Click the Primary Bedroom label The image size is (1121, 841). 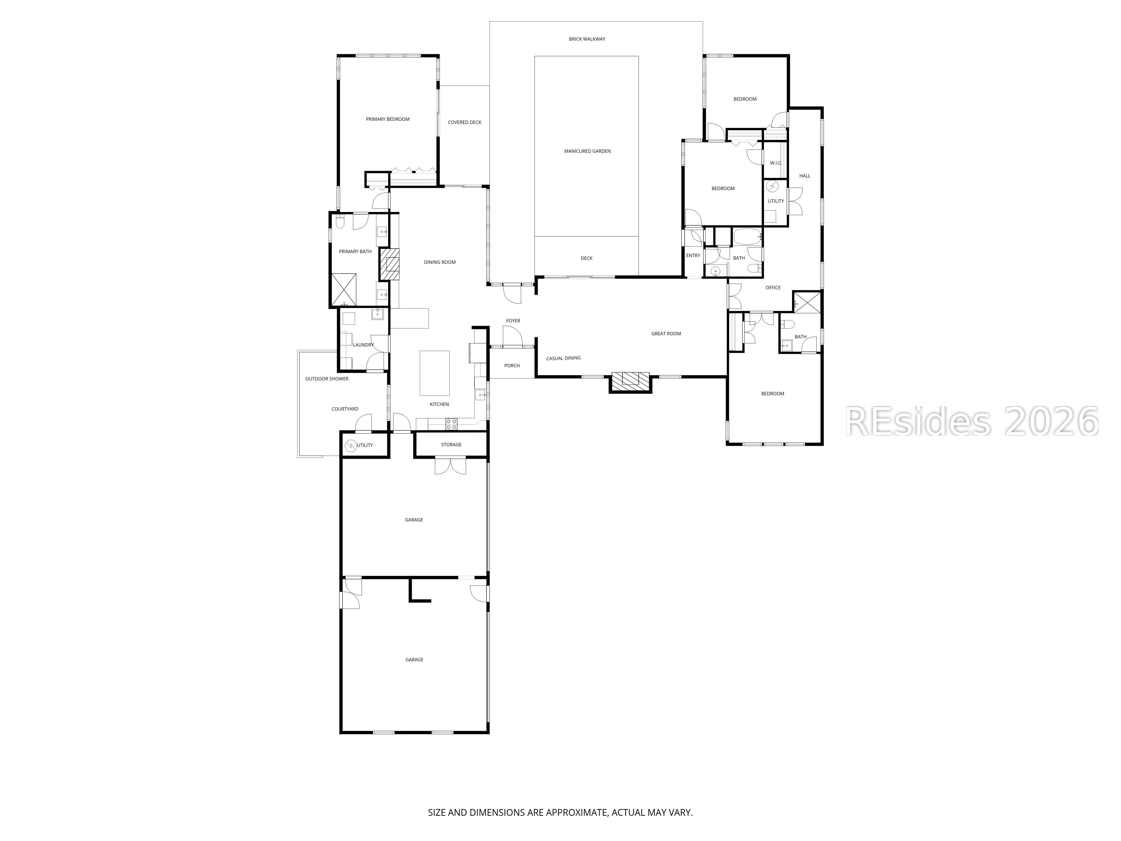coord(388,119)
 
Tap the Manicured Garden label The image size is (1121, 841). coord(587,151)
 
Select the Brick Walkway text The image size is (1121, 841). coord(587,39)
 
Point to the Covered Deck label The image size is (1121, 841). coord(464,122)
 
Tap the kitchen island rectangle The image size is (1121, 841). coord(434,373)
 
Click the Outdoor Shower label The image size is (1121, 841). coord(327,379)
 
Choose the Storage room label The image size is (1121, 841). coord(451,445)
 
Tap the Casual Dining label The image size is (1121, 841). coord(564,358)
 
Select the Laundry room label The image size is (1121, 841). coord(363,345)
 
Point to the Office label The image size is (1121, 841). coord(773,287)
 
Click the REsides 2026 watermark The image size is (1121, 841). coord(972,421)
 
